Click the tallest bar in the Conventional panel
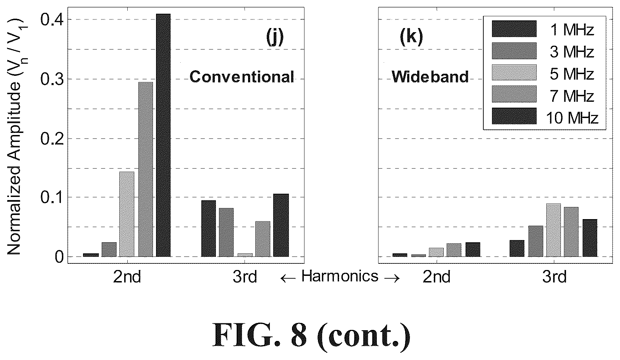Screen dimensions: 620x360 coord(163,135)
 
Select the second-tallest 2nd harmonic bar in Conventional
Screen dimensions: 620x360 coord(145,169)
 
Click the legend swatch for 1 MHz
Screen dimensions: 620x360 coord(514,29)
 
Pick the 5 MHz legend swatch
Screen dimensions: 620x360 coord(514,72)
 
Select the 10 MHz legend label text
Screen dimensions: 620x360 coord(572,118)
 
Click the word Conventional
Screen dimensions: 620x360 coord(242,76)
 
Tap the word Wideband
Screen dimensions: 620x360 coord(430,76)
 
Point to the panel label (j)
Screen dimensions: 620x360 coord(275,37)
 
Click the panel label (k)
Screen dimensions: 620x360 coord(411,37)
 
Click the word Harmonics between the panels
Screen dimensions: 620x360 coord(340,276)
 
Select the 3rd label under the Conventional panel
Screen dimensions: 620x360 coord(245,277)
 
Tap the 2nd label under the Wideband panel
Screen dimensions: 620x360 coord(437,277)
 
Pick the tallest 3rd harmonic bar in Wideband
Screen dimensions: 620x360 coord(554,230)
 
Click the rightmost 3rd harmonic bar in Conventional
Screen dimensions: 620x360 coord(281,225)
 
